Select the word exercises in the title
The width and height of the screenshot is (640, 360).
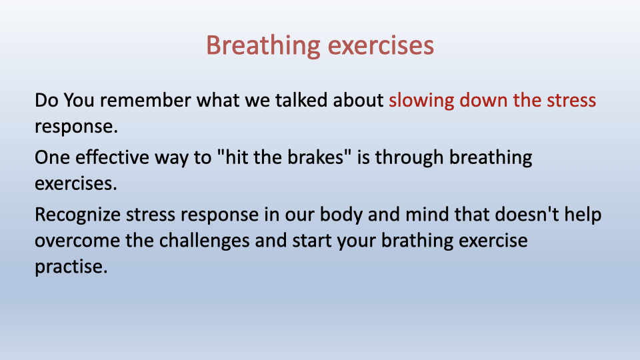coord(381,46)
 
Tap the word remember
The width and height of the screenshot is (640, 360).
coord(146,100)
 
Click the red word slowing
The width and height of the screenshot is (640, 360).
coord(421,101)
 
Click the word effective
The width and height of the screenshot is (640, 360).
coord(112,157)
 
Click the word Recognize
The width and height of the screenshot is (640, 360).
coord(77,215)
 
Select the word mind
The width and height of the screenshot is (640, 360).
coord(427,214)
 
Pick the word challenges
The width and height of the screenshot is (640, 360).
coord(204,241)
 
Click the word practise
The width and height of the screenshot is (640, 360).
coord(71,267)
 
